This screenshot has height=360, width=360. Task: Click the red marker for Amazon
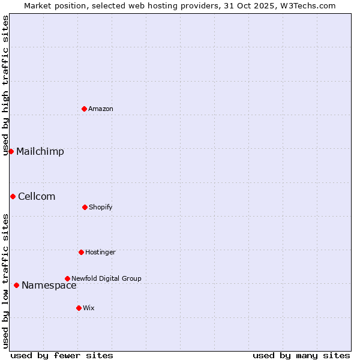[x=85, y=109]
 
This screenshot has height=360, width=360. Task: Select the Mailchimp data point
[x=11, y=151]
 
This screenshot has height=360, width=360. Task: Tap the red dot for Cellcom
[x=13, y=196]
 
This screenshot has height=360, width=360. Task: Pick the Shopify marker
[x=85, y=207]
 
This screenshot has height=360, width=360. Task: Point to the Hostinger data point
[x=81, y=252]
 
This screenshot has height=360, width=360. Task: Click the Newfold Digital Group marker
[x=67, y=278]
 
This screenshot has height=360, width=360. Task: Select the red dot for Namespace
[x=16, y=285]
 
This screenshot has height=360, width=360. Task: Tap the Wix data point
[x=79, y=308]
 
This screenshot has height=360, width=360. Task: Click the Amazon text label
[x=101, y=109]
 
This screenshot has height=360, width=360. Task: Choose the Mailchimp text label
[x=40, y=151]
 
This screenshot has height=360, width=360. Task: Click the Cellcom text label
[x=37, y=196]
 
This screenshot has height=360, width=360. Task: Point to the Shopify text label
[x=101, y=207]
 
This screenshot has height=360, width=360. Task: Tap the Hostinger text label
[x=100, y=252]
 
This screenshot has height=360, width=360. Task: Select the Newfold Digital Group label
[x=106, y=278]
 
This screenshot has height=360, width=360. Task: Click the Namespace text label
[x=49, y=285]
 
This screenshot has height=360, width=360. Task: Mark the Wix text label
[x=89, y=308]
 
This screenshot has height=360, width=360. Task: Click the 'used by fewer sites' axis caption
[x=62, y=355]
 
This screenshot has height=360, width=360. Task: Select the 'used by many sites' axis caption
[x=301, y=355]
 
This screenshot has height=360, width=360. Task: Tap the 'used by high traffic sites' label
[x=5, y=85]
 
